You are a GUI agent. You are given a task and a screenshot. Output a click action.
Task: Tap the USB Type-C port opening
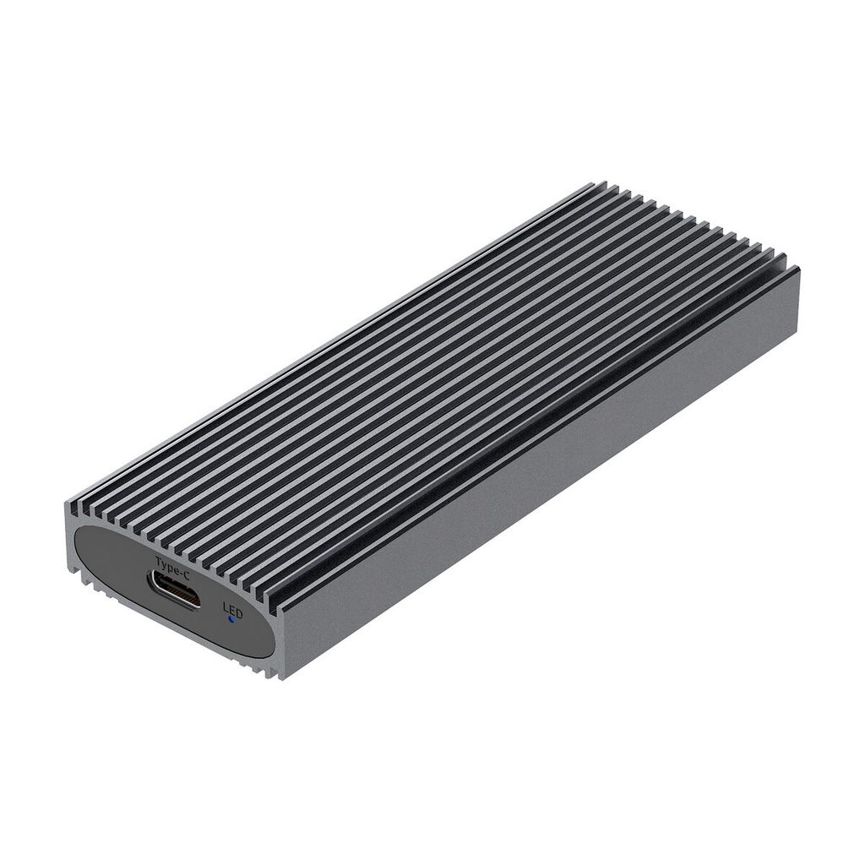coord(175,589)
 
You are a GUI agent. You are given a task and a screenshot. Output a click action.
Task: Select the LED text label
coord(231,609)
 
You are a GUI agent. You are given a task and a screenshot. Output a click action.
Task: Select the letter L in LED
coord(226,607)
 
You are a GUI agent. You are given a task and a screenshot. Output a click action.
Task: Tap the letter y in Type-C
coord(164,561)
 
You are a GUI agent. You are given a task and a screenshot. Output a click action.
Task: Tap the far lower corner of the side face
coord(798,342)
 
